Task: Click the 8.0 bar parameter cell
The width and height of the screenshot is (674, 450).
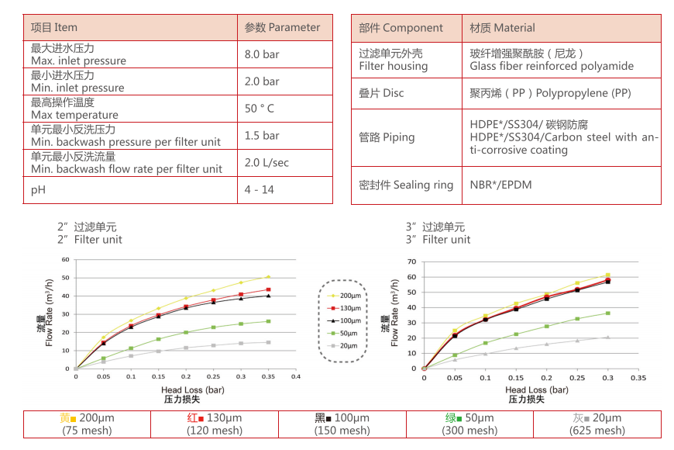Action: click(x=262, y=54)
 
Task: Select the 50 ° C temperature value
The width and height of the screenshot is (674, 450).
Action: click(x=260, y=109)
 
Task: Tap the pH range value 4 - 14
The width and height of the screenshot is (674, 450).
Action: click(x=259, y=189)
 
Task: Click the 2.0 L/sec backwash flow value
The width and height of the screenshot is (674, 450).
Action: click(x=267, y=162)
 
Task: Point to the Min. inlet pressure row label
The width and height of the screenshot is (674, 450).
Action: click(x=77, y=88)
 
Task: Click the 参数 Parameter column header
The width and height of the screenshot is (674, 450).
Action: click(x=282, y=27)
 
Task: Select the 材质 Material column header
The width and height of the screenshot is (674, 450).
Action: click(x=502, y=28)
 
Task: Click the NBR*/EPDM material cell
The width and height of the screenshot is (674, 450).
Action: click(x=500, y=185)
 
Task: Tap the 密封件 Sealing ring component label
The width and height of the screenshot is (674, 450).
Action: click(x=406, y=185)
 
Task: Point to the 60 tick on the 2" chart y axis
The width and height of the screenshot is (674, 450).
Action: click(x=66, y=260)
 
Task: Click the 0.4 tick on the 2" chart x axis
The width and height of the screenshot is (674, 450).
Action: click(x=295, y=376)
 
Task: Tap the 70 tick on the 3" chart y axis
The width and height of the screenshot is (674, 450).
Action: click(x=413, y=262)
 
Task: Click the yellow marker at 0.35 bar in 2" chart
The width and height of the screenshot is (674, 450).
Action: click(x=268, y=276)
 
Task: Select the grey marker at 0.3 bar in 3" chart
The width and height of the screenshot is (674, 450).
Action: click(x=607, y=337)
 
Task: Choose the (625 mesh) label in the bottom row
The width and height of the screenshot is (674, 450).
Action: click(x=597, y=431)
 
